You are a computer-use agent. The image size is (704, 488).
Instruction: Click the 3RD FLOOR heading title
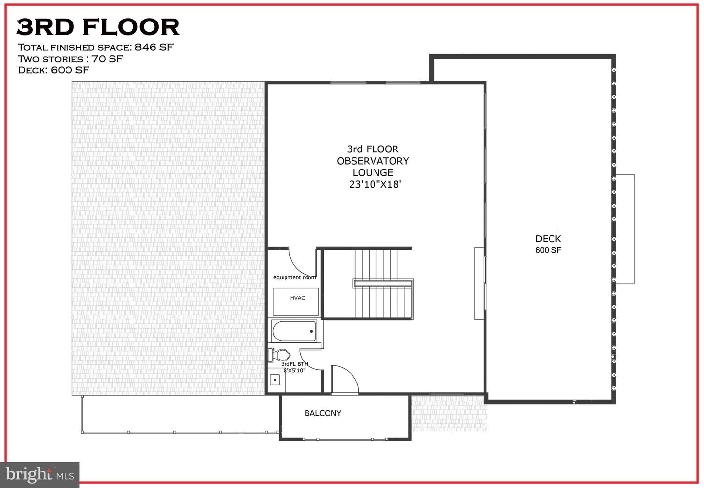click(98, 27)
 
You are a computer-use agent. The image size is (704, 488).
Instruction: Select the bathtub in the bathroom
click(294, 332)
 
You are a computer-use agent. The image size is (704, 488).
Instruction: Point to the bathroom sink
click(275, 379)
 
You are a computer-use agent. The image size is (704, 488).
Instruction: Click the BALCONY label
click(323, 413)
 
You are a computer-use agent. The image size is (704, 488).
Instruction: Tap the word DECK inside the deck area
click(548, 239)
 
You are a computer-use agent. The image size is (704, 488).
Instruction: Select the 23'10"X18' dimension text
click(375, 185)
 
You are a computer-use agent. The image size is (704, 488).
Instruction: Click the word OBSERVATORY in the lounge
click(373, 161)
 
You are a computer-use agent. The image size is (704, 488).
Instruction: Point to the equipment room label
click(294, 277)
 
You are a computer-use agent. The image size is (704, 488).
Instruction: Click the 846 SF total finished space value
click(154, 47)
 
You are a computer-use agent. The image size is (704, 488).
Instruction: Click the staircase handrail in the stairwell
click(383, 282)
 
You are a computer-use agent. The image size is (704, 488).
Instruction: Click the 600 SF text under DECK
click(548, 250)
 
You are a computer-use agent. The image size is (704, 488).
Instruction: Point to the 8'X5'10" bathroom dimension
click(294, 370)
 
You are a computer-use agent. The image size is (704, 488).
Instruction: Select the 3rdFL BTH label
click(294, 364)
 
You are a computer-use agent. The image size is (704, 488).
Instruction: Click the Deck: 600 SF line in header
click(53, 70)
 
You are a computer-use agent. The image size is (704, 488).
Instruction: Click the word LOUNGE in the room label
click(373, 173)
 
